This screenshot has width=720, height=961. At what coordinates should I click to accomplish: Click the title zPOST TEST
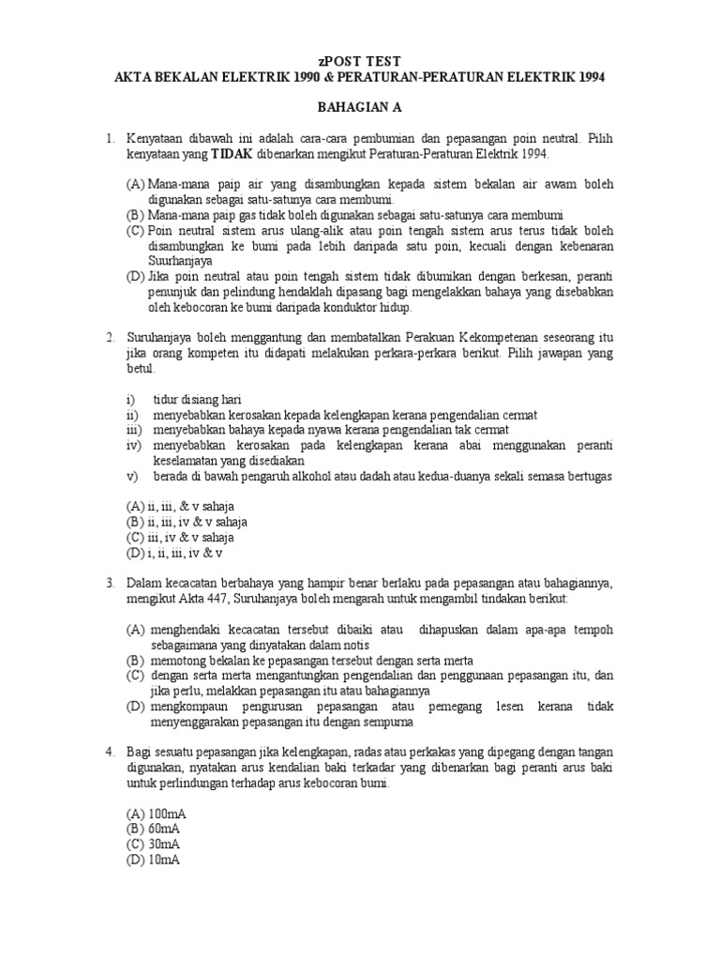tap(359, 60)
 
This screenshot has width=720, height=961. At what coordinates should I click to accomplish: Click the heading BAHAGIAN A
tap(359, 108)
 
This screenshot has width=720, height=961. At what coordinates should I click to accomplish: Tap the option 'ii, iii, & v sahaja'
tap(191, 507)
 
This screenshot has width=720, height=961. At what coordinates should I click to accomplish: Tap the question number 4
tap(110, 753)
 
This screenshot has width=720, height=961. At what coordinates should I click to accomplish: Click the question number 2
tap(110, 337)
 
